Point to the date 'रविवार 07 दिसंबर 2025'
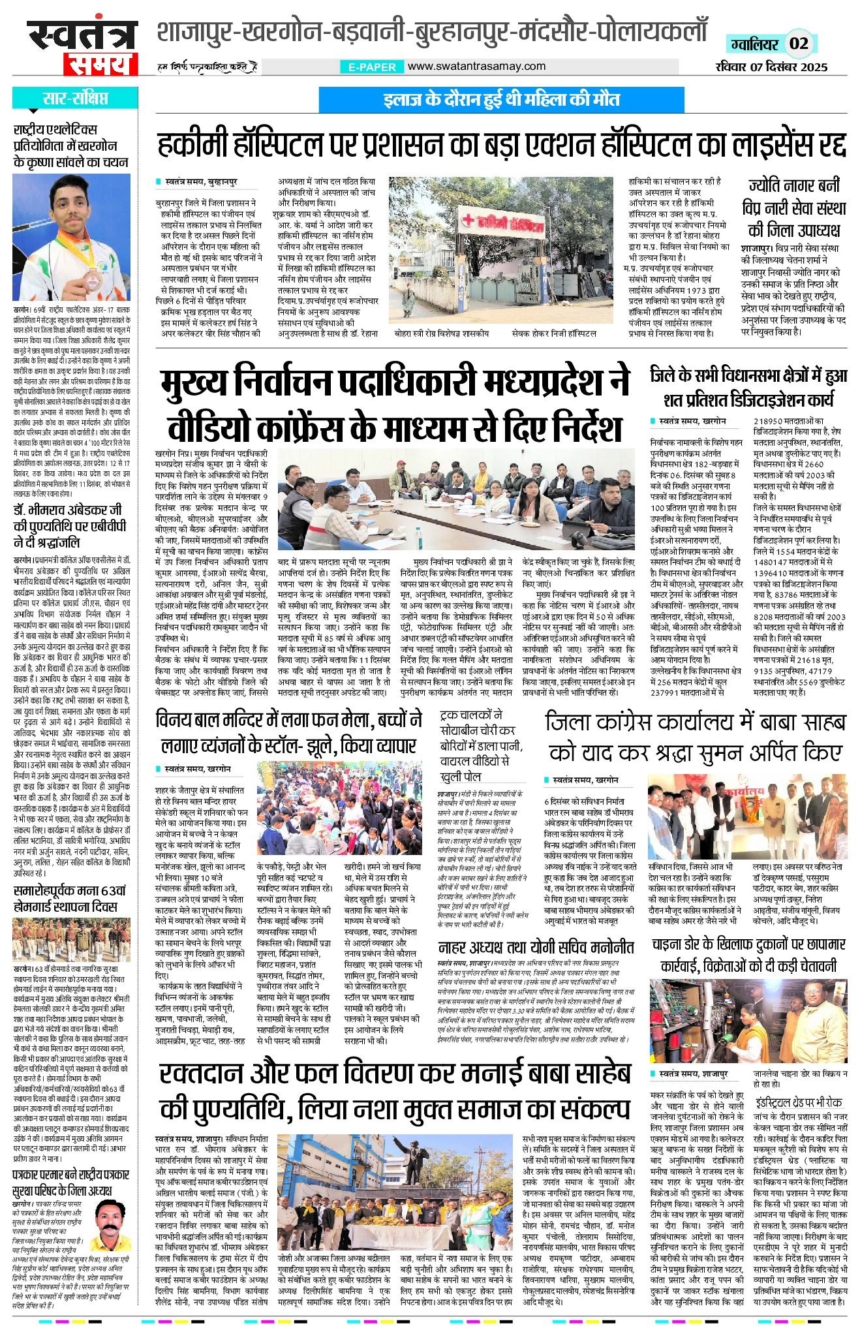[771, 67]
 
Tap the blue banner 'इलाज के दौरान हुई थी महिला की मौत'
[501, 99]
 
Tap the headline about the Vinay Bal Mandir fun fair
[288, 733]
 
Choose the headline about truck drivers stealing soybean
[481, 745]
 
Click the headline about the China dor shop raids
[748, 955]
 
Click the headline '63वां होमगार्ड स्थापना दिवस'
[71, 899]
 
